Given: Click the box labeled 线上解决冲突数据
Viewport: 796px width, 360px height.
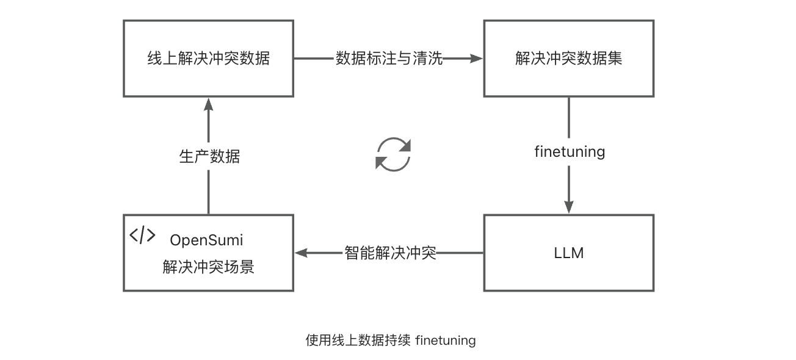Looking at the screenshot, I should (208, 59).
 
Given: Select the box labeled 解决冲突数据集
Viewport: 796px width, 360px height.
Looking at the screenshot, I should (568, 59).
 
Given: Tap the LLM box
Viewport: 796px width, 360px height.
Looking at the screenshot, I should (568, 253).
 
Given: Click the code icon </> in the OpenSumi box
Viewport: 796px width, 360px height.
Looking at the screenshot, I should (142, 236).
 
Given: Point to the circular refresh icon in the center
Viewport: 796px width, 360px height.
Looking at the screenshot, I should (393, 154).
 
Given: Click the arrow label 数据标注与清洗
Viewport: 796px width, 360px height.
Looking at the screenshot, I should (389, 59).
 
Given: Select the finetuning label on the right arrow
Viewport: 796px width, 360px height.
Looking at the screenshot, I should (569, 151).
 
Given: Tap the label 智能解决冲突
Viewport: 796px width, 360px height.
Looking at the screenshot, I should (390, 253).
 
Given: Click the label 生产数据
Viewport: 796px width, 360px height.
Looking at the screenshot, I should (209, 156).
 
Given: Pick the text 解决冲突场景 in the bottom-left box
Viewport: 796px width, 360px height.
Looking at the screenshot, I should (208, 267).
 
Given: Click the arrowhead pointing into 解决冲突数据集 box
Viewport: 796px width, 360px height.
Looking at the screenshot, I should (476, 59).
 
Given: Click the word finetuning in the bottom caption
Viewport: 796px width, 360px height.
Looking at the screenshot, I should (445, 340).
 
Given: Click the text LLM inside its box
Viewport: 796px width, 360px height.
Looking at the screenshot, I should (568, 253).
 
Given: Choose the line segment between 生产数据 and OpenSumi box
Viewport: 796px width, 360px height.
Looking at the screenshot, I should (209, 192).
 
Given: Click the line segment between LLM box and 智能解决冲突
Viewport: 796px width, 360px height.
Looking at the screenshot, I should (460, 253).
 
